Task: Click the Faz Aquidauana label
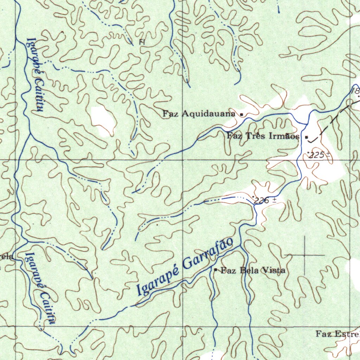[x=199, y=114]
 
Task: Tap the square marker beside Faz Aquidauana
[x=242, y=114]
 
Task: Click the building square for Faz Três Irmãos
[x=307, y=137]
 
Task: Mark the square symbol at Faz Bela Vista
[x=216, y=270]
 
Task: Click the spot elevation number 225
[x=317, y=155]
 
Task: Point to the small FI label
[x=142, y=42]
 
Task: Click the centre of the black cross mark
[x=304, y=254]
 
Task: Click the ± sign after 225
[x=328, y=154]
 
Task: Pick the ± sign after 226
[x=274, y=200]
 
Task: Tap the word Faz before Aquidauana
[x=169, y=114]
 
